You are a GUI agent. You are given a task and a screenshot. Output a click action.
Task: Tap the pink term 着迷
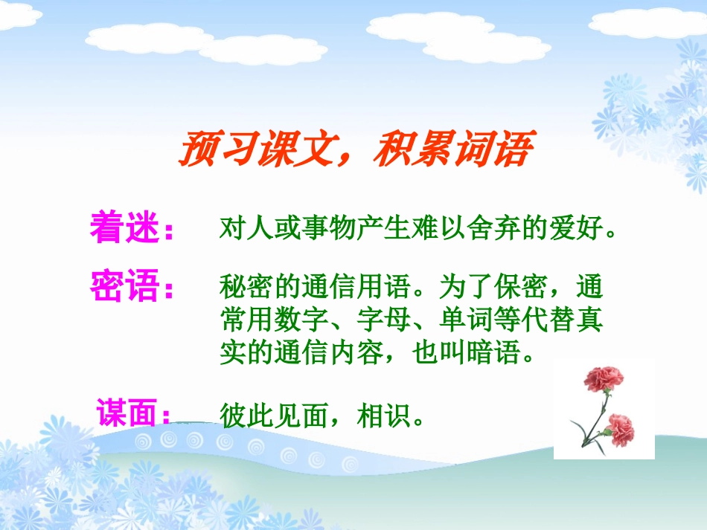tap(125, 227)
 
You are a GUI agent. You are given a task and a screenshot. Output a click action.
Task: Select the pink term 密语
tap(125, 286)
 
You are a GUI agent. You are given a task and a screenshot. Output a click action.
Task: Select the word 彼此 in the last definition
tap(248, 415)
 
